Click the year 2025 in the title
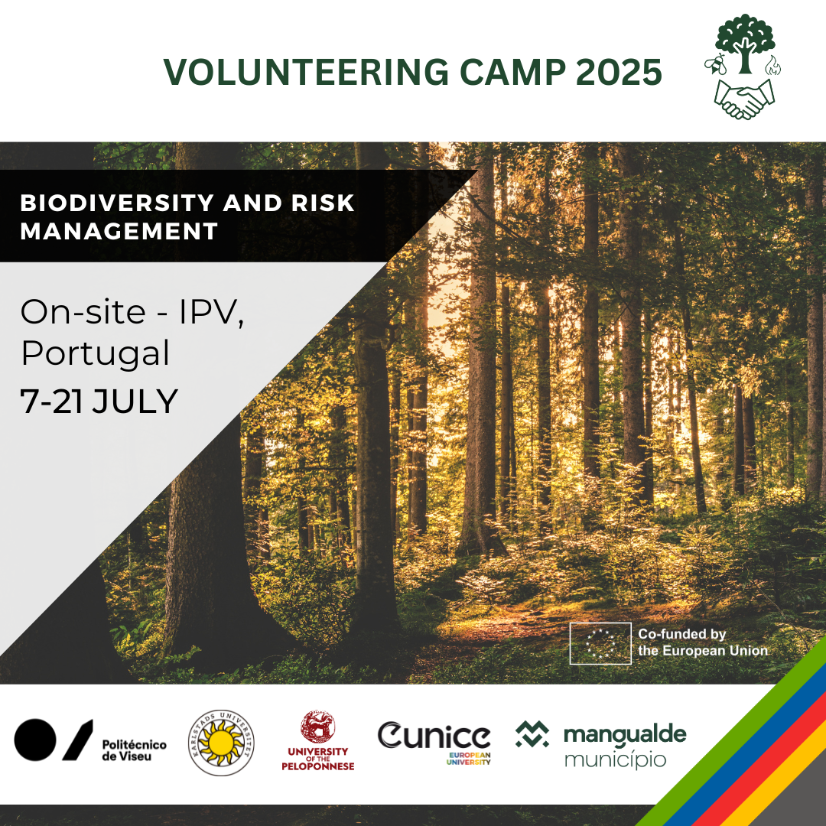[x=619, y=72]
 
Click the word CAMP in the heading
[x=512, y=72]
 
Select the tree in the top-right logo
[x=744, y=43]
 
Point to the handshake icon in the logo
[x=744, y=99]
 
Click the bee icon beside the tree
[x=715, y=64]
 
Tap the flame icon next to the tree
[x=773, y=65]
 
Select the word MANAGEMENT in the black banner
[x=119, y=231]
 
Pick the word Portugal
[x=96, y=353]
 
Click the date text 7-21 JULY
[x=99, y=402]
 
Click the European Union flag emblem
[x=600, y=643]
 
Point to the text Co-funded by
[x=681, y=634]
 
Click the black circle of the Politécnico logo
[x=34, y=740]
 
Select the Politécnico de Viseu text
[x=134, y=750]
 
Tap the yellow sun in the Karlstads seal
[x=221, y=743]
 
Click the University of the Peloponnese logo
[x=317, y=740]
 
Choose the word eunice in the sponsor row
[x=434, y=736]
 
